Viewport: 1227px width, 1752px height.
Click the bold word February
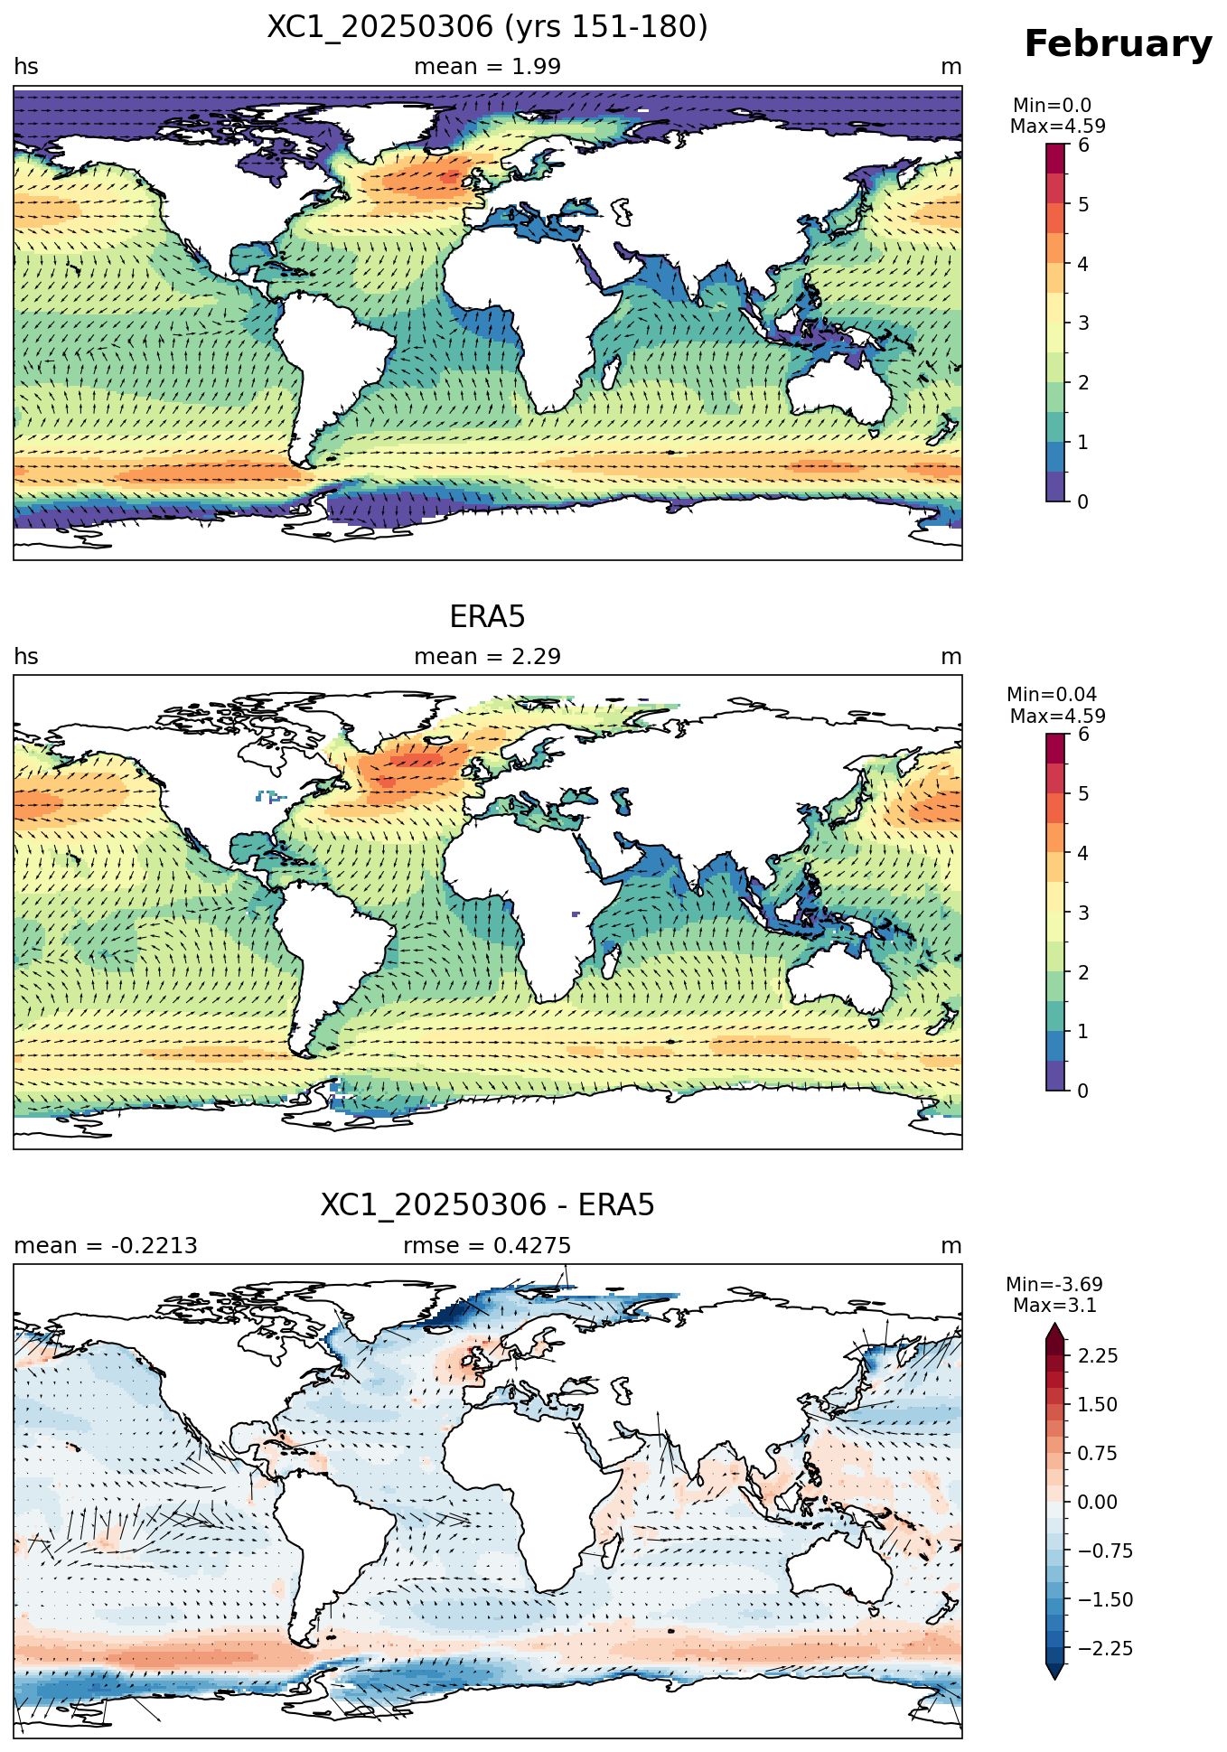click(1118, 44)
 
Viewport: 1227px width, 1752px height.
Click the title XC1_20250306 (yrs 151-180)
click(487, 27)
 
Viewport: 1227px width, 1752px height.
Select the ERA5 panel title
click(487, 617)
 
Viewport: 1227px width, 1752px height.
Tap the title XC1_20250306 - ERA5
click(487, 1205)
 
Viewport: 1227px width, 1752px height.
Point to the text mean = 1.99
click(487, 67)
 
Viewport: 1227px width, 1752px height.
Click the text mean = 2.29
click(487, 657)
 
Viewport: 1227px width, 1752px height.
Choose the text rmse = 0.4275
click(487, 1246)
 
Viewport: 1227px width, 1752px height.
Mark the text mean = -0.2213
click(106, 1246)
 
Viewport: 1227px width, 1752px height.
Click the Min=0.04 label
click(1052, 695)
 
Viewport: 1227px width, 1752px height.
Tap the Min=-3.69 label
click(1054, 1285)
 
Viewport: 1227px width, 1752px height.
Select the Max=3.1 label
click(1054, 1306)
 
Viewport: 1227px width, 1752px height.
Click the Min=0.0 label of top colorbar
click(1052, 106)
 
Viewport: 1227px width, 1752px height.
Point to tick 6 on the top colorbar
click(1083, 145)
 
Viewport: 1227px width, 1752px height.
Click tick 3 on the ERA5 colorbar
click(1083, 913)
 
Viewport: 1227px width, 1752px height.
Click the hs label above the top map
click(26, 67)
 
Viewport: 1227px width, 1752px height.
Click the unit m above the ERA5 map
click(951, 657)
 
